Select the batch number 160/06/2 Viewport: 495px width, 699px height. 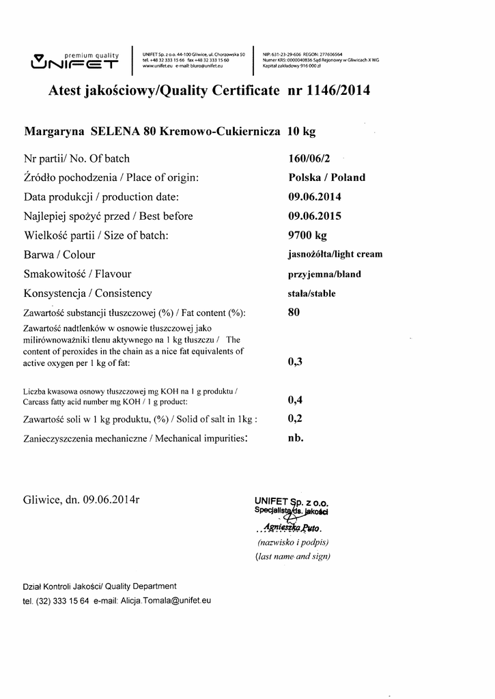pos(309,158)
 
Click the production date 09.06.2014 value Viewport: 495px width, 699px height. pos(315,197)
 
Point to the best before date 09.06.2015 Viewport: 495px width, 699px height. pos(315,216)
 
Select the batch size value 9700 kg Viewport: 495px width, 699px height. pos(308,236)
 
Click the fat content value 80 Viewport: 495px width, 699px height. pos(294,313)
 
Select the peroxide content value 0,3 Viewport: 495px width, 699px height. pos(295,362)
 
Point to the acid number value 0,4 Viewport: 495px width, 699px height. pos(295,400)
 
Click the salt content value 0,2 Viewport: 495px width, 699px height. pos(295,418)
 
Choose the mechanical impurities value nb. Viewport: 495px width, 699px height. pos(296,438)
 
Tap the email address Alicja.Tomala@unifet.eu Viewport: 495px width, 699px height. pos(165,601)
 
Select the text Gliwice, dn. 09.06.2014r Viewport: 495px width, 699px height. pos(81,499)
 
